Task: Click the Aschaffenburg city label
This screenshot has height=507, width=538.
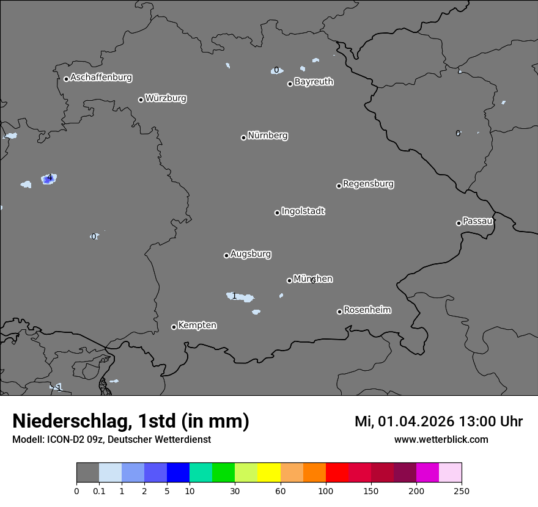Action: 101,78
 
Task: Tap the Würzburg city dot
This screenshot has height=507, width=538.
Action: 141,100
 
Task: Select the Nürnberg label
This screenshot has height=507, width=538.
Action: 268,136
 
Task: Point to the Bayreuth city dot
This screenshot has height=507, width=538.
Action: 290,84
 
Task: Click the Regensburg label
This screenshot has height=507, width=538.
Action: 368,184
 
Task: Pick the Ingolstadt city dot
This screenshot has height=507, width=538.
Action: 277,213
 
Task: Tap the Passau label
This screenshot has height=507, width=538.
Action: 477,221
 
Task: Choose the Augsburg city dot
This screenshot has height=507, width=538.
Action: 226,255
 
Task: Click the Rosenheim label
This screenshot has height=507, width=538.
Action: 367,310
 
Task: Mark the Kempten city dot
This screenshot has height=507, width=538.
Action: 174,327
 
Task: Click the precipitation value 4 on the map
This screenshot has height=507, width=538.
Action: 49,178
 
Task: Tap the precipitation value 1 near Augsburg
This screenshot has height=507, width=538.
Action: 234,296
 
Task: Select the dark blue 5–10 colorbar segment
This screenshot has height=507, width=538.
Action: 178,473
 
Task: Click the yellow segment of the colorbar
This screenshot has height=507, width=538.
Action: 269,473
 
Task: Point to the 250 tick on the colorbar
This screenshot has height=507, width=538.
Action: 461,491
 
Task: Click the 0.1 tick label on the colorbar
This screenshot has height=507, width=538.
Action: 99,491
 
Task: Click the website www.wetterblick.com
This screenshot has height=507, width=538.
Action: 441,440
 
